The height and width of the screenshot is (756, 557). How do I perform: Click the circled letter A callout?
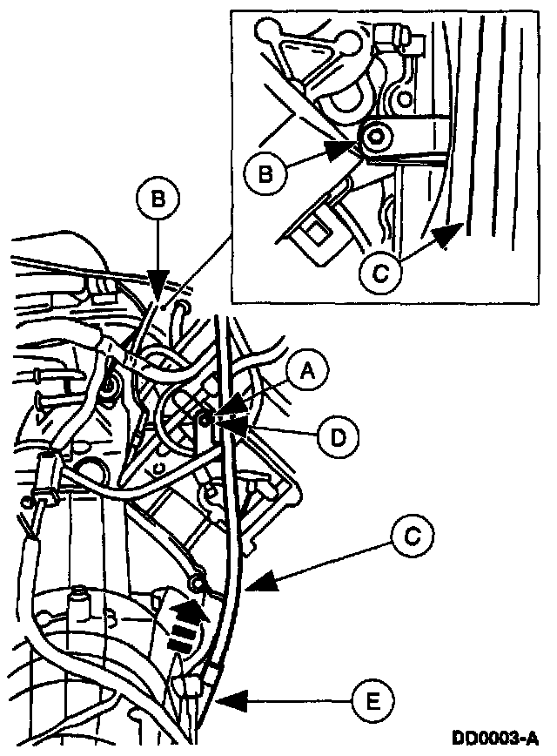tap(306, 372)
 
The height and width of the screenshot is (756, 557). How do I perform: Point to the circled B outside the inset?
tap(158, 199)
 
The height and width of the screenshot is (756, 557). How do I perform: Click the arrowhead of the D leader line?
tap(221, 425)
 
